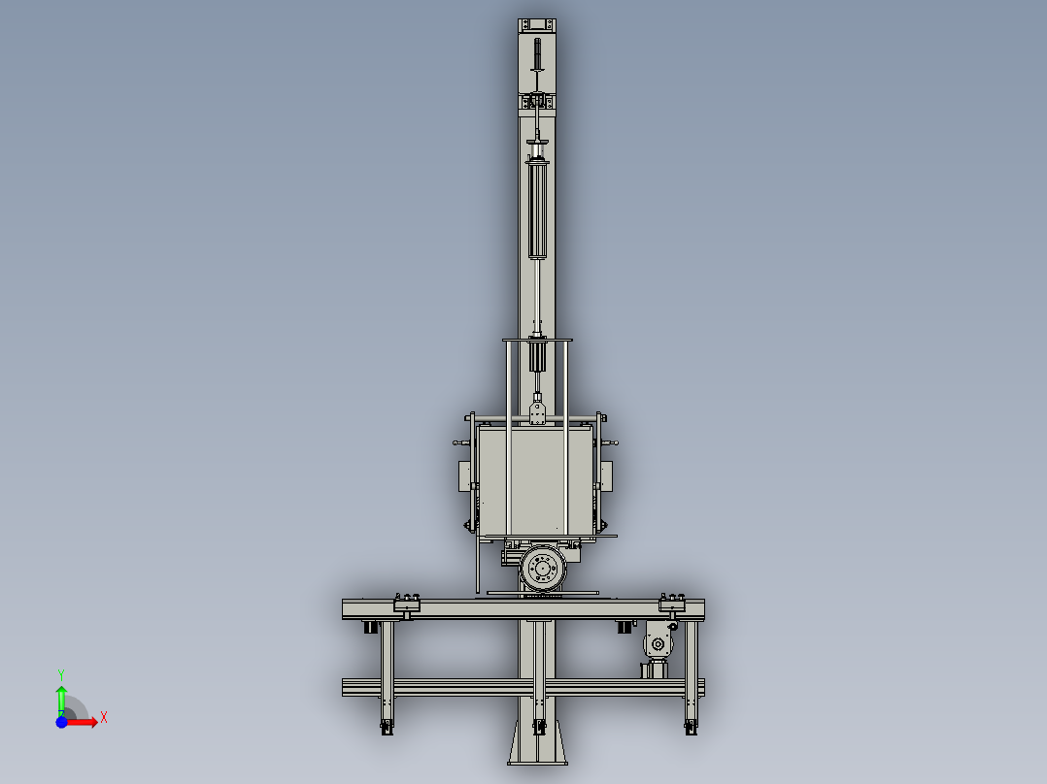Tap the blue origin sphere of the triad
[61, 722]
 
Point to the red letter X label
[103, 718]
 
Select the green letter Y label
[60, 673]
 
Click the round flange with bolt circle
[542, 570]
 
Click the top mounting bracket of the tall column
[537, 25]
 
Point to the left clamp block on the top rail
[406, 605]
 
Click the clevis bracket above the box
[537, 409]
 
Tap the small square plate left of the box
[464, 476]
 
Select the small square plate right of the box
[608, 476]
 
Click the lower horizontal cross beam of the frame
[523, 687]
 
